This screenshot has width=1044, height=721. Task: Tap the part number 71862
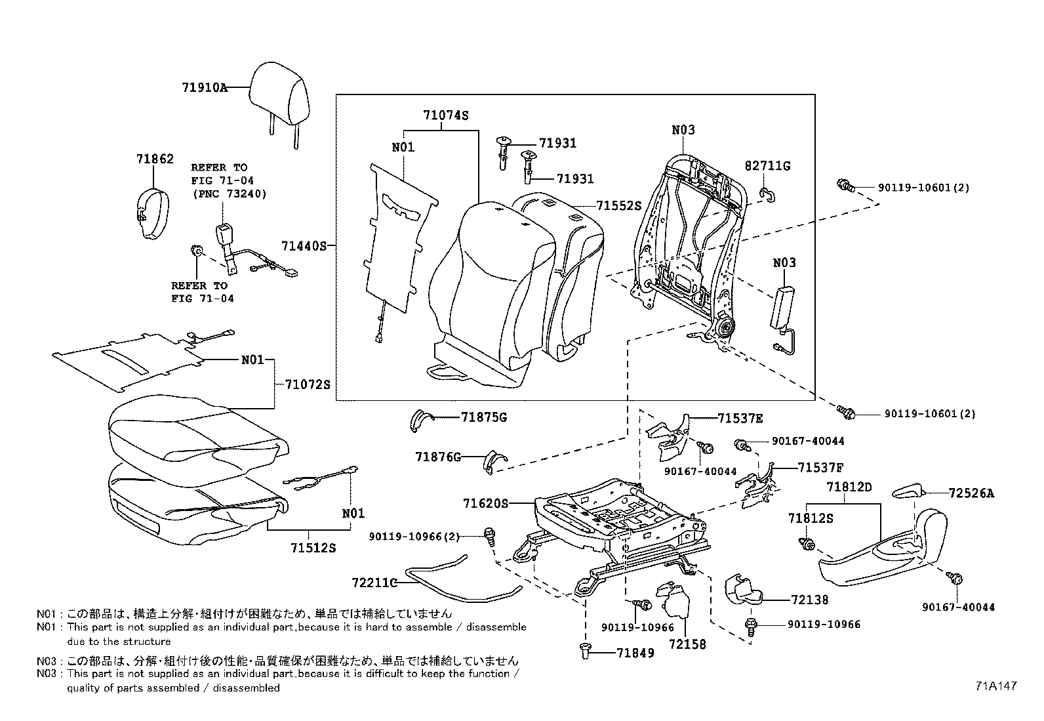click(x=155, y=159)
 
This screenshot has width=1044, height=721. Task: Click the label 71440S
click(x=304, y=246)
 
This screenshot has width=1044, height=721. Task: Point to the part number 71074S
click(x=445, y=115)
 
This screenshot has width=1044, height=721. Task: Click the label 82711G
click(x=767, y=166)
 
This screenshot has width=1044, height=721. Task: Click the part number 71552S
click(x=618, y=205)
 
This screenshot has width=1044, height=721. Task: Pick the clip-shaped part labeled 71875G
click(x=418, y=420)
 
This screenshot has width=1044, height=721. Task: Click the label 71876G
click(x=438, y=457)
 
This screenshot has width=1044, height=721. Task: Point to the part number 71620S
click(x=485, y=503)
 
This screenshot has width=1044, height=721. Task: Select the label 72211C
click(x=374, y=583)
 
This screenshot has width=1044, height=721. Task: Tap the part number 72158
click(x=687, y=644)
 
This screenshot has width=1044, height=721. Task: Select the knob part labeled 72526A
click(x=908, y=492)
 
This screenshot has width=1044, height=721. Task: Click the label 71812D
click(x=849, y=487)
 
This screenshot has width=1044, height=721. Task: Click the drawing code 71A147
click(x=995, y=686)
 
